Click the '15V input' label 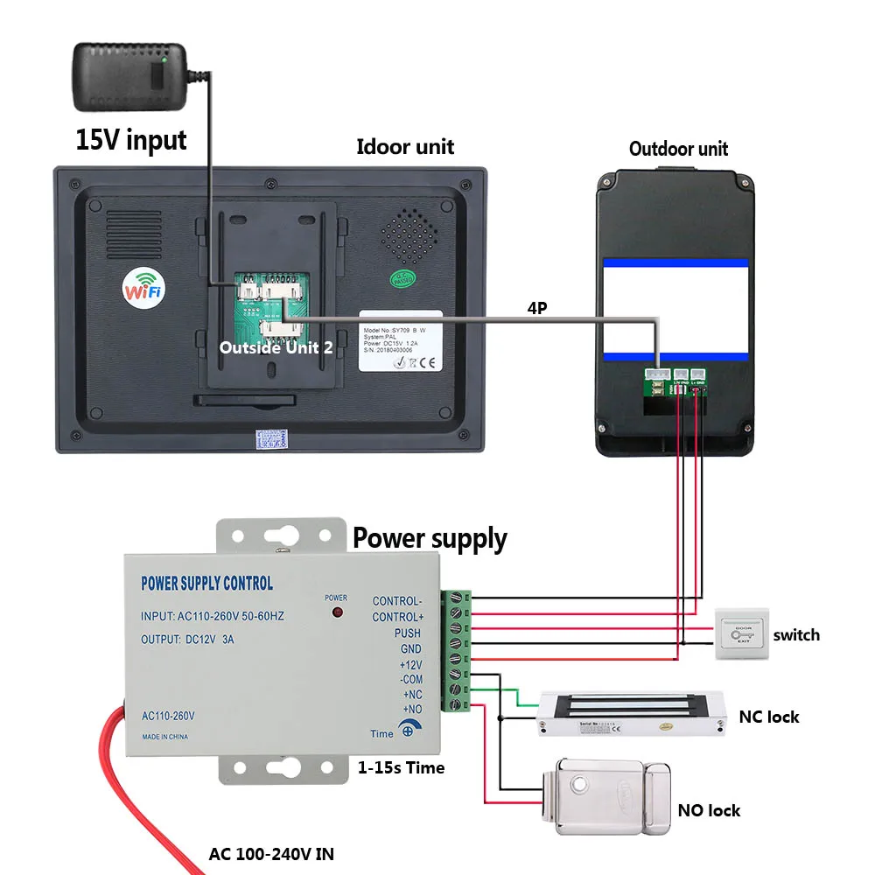click(x=131, y=140)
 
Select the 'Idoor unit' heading click(x=405, y=146)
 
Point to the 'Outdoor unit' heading click(x=678, y=149)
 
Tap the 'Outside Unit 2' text click(x=276, y=347)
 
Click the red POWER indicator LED click(x=336, y=614)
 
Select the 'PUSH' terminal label click(x=407, y=633)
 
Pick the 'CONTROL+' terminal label click(x=397, y=617)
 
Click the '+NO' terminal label click(x=411, y=709)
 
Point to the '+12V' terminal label click(x=409, y=664)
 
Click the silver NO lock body click(x=604, y=792)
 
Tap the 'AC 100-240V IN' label click(x=270, y=853)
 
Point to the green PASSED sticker click(x=403, y=281)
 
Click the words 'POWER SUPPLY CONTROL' click(x=206, y=584)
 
